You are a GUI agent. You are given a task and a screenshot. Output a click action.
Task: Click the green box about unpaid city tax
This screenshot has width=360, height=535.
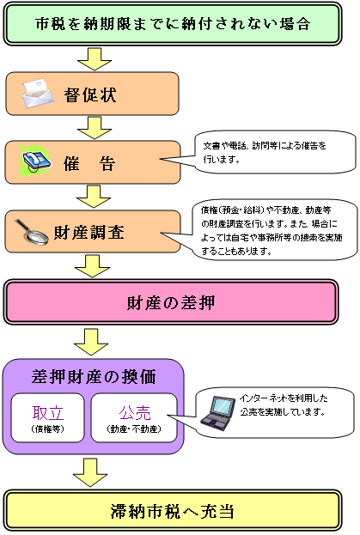[180, 23]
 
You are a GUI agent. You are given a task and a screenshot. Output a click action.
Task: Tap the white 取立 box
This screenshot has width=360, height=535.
[47, 416]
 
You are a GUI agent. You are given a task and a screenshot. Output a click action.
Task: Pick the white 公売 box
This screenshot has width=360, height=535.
[135, 416]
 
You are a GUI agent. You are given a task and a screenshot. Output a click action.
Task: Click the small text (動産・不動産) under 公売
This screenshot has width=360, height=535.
[135, 429]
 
